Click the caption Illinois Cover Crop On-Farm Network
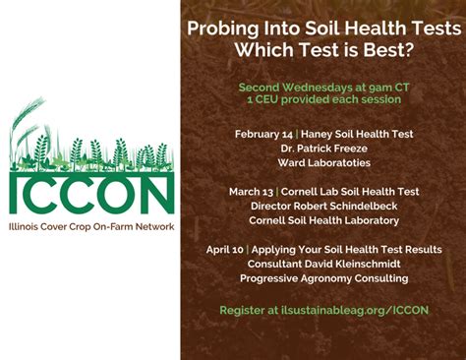tap(91, 226)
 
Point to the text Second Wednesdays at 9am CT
tap(322, 87)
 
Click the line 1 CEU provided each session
tap(323, 99)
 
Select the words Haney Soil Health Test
tap(358, 133)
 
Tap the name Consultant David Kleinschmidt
tap(323, 264)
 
